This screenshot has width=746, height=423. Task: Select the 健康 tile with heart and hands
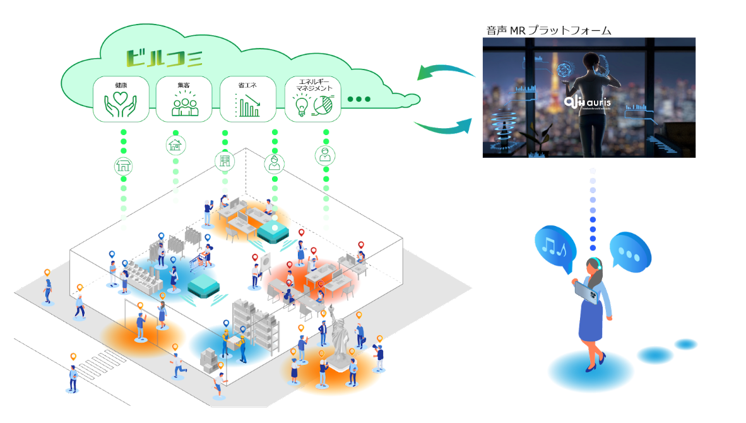121,99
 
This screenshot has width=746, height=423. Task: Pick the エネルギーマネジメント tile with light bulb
313,99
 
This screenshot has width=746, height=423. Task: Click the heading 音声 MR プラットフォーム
548,30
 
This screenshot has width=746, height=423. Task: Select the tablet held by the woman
584,292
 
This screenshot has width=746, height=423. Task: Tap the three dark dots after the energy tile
359,99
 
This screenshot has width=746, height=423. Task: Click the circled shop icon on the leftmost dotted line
122,166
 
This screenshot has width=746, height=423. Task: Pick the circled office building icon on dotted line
224,160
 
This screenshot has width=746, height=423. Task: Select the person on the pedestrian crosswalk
73,378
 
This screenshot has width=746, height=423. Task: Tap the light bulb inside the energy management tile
301,105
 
